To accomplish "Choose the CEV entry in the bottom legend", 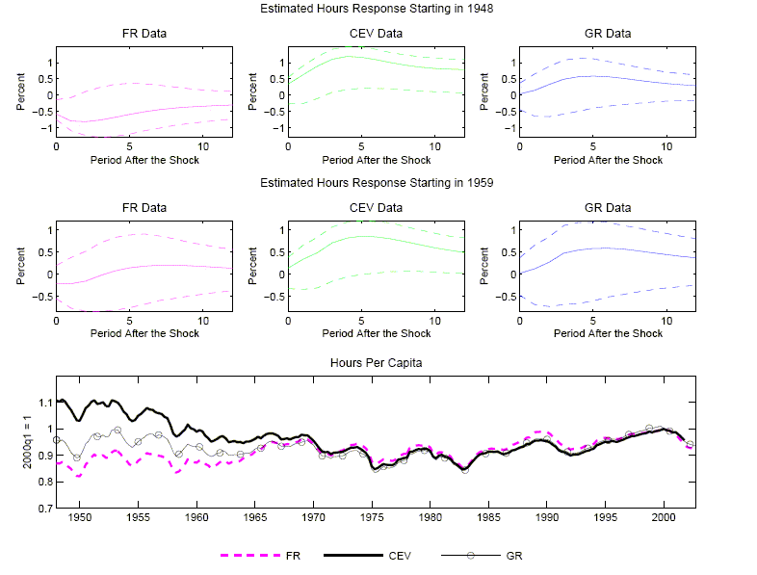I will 401,556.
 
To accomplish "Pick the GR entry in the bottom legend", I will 513,556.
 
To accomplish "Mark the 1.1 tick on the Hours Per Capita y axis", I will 42,402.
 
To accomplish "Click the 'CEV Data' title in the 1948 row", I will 376,34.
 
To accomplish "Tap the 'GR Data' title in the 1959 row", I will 608,207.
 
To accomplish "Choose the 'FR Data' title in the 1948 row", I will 144,34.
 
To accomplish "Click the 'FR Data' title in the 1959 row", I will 144,207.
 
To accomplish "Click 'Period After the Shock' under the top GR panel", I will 608,159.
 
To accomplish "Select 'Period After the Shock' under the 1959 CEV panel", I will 376,333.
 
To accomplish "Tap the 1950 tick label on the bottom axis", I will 79,517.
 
